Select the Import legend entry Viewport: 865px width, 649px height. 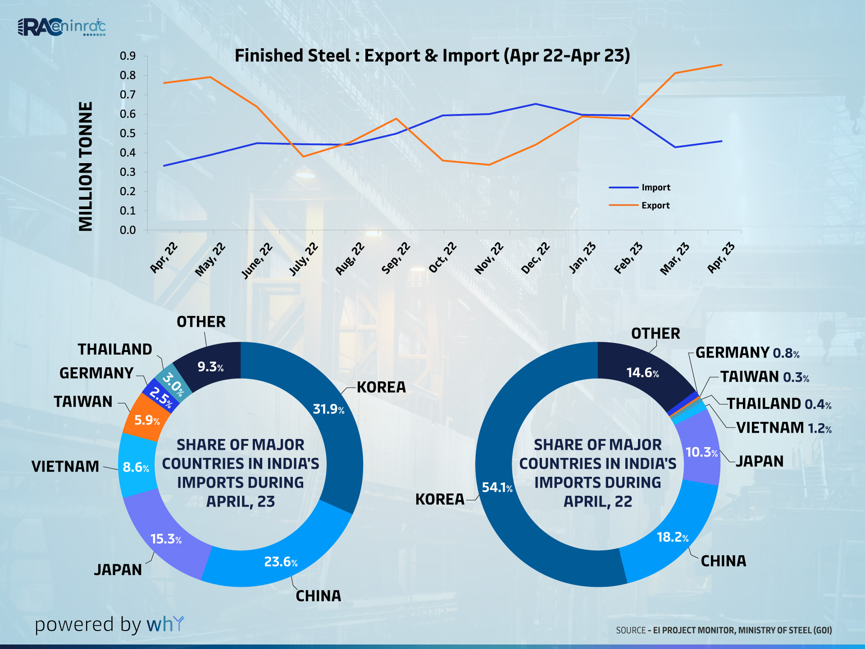click(x=640, y=187)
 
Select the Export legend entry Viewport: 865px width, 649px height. click(x=640, y=206)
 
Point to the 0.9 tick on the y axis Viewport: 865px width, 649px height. click(x=127, y=56)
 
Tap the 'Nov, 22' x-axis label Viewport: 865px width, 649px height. click(x=489, y=258)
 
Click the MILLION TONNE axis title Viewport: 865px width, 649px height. click(x=86, y=166)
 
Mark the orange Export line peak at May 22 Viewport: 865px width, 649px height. click(x=210, y=77)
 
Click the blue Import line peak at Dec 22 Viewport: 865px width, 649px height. click(x=535, y=104)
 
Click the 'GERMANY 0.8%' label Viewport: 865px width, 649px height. click(x=747, y=353)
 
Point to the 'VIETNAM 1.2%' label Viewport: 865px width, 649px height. click(x=783, y=428)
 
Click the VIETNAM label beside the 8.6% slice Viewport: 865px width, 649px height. click(x=65, y=466)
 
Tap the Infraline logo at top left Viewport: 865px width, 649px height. click(x=61, y=27)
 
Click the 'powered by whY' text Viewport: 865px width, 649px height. click(x=109, y=625)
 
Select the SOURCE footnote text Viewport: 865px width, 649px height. click(x=724, y=630)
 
